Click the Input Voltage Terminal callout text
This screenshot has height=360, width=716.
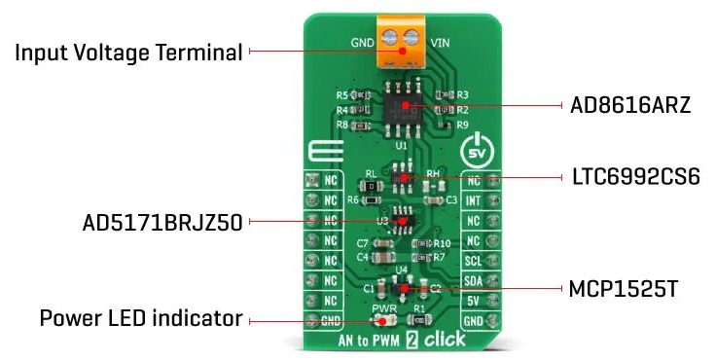point(127,51)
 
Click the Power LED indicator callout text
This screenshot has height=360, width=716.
point(141,318)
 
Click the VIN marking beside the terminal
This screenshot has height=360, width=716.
point(441,44)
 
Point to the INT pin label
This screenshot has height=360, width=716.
point(474,200)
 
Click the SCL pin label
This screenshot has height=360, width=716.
point(474,262)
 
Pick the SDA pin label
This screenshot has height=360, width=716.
point(474,281)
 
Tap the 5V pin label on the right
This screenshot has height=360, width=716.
point(474,301)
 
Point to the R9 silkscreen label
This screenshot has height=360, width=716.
point(462,125)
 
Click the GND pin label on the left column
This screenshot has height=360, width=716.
point(331,320)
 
